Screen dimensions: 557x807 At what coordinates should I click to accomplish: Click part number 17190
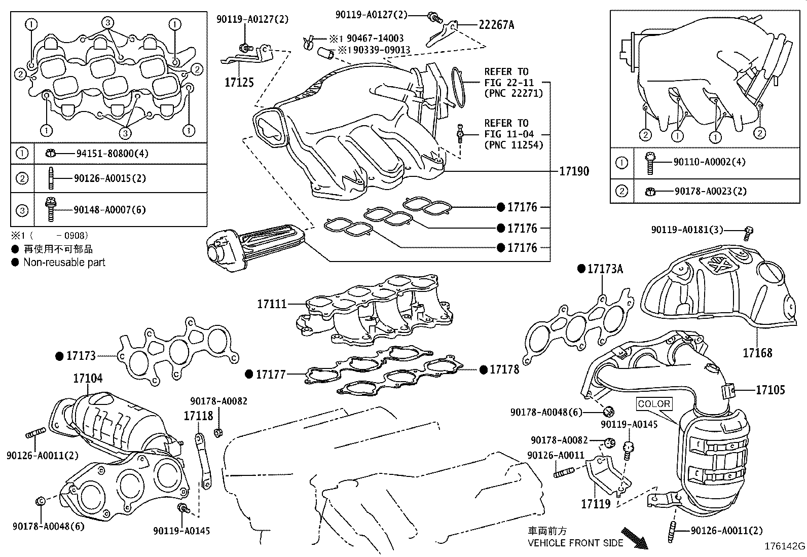click(574, 171)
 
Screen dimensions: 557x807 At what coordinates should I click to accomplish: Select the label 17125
click(239, 82)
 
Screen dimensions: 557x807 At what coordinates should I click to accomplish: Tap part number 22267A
click(496, 25)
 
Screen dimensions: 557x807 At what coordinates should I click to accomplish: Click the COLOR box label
click(654, 404)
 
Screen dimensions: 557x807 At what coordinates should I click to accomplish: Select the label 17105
click(770, 390)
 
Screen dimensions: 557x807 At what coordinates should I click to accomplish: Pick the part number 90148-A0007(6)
click(109, 209)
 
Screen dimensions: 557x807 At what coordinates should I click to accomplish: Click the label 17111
click(272, 304)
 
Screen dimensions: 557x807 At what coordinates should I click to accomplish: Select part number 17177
click(271, 375)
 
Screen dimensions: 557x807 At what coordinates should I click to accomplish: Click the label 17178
click(504, 369)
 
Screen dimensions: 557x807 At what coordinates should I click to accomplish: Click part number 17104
click(87, 378)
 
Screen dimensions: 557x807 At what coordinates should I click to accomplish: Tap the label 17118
click(198, 416)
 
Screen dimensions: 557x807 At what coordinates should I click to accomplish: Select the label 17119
click(595, 504)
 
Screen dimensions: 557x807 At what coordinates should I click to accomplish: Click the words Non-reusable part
click(64, 263)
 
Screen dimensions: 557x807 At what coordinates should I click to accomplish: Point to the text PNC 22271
click(513, 93)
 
